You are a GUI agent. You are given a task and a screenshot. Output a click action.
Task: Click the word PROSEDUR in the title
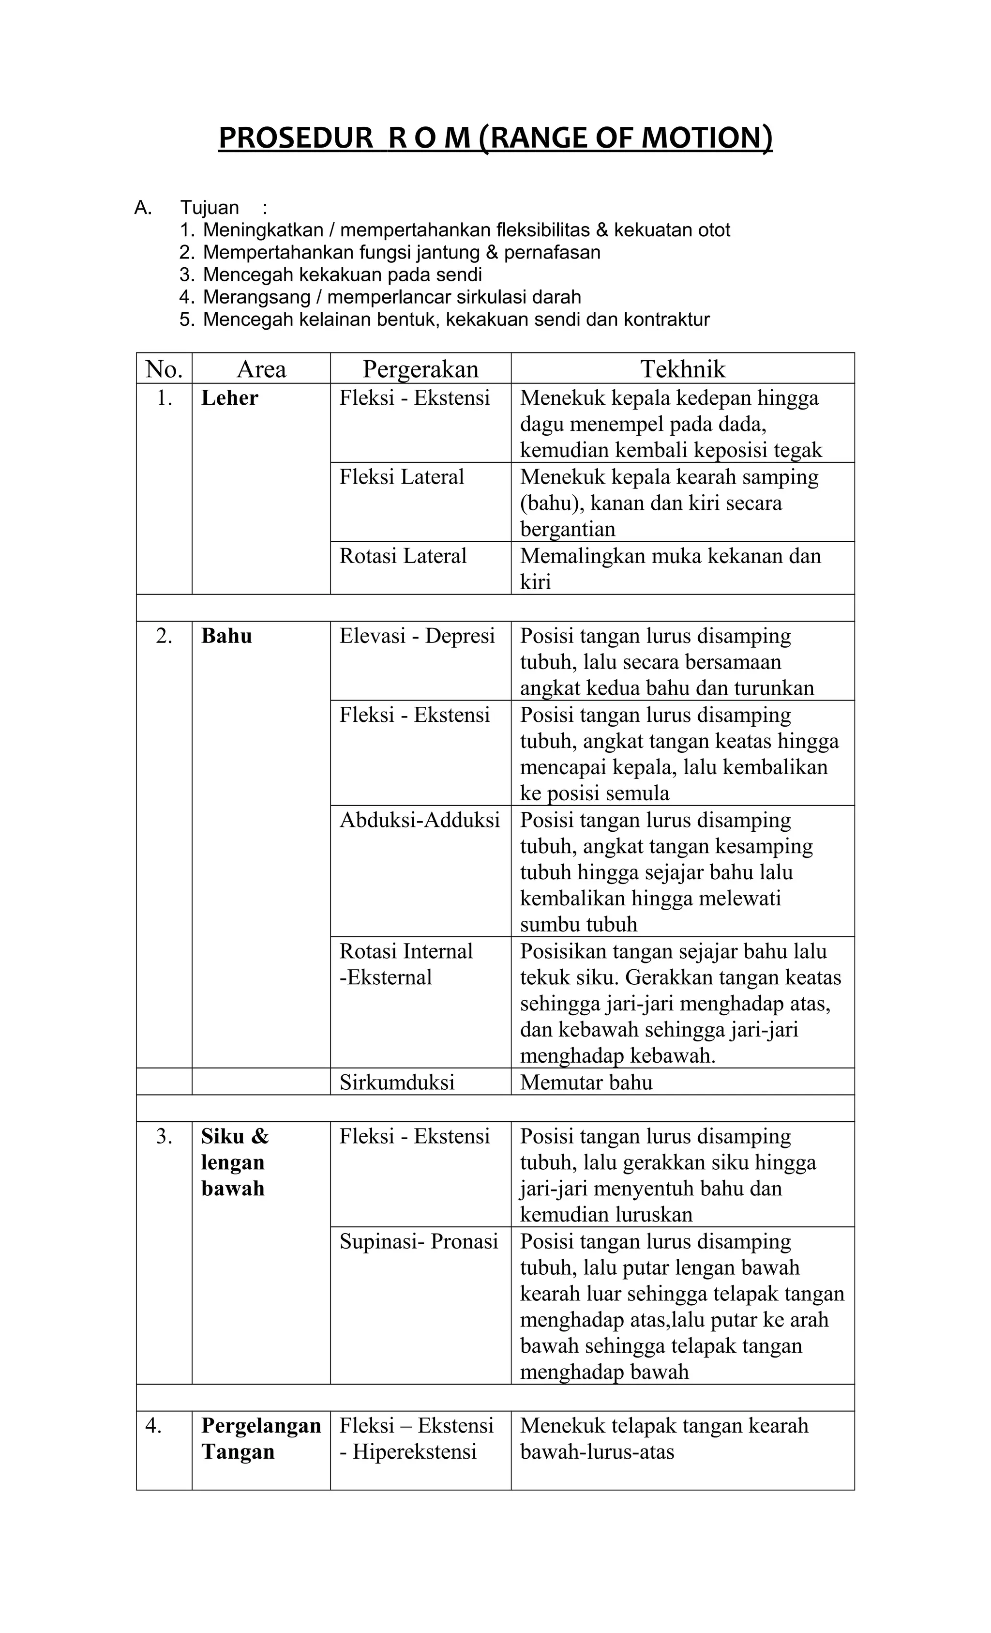point(296,138)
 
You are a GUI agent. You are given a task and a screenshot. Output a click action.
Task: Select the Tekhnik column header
point(682,369)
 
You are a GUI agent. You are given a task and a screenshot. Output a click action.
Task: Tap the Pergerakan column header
point(420,369)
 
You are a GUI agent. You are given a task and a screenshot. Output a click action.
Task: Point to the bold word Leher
point(229,398)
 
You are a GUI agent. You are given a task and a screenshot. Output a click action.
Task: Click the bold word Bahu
point(226,636)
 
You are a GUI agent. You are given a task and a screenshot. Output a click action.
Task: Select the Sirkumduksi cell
point(397,1082)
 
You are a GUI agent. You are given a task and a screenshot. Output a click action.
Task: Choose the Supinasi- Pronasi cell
point(419,1241)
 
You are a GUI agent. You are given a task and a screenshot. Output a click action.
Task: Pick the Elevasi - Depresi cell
point(417,636)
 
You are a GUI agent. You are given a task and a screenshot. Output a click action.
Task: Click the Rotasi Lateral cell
point(403,556)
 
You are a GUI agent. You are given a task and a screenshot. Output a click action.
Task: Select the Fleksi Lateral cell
point(402,477)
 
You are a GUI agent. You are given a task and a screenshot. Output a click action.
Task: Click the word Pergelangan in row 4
point(261,1426)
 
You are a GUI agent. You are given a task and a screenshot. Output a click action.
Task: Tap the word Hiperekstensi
point(415,1452)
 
